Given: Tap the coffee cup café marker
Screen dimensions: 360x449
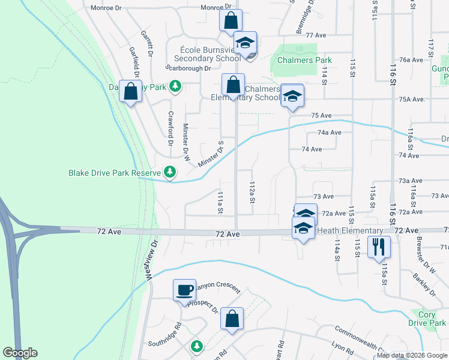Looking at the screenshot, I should coord(184,290).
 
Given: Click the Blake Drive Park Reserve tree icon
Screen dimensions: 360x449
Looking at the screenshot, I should coord(170,173).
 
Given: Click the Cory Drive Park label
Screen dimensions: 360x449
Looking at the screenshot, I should coord(427,319).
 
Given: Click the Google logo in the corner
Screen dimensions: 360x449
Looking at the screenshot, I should coord(20,353).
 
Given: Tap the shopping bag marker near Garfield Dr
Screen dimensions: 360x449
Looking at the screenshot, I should coord(131,92).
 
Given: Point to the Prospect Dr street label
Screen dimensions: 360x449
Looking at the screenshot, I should coord(202,306).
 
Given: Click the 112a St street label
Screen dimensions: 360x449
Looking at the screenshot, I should coord(253,192).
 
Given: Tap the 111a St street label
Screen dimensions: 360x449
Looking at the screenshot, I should coord(220,203).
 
